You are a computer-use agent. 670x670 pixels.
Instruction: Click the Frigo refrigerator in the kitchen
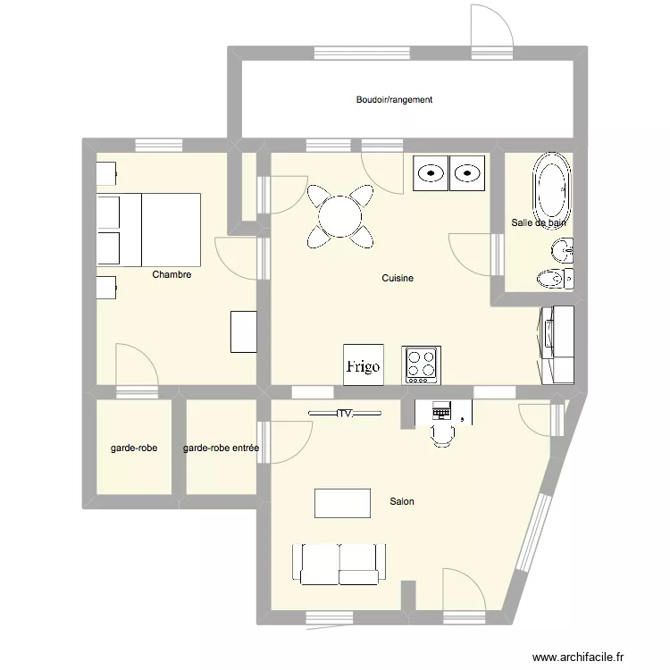pos(364,364)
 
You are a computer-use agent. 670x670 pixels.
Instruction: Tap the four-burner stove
pos(421,365)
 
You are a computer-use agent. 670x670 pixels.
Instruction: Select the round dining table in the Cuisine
pos(340,216)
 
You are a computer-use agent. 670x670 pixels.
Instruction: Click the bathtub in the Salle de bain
pos(551,187)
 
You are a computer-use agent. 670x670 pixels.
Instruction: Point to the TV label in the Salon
pos(345,414)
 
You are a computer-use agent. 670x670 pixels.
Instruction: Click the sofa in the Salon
pos(339,564)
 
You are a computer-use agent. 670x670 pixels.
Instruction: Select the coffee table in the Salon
pos(342,503)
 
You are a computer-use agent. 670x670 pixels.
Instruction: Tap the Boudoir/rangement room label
pos(394,99)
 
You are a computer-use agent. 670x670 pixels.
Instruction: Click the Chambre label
pos(172,274)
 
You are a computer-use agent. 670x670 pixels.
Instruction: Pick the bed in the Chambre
pos(148,230)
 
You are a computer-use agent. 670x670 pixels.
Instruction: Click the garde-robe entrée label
pos(221,448)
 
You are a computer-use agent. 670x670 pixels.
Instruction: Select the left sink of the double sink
pos(431,173)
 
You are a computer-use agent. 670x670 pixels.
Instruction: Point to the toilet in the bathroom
pos(555,279)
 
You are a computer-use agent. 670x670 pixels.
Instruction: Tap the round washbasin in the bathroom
pos(562,250)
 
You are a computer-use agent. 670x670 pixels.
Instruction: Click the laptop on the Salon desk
pos(441,410)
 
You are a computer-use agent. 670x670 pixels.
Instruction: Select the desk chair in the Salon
pos(443,435)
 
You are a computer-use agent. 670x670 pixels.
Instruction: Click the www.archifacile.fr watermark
pos(578,657)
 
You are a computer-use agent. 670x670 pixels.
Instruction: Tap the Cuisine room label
pos(398,278)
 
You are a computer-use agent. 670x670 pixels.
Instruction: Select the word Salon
pos(402,501)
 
